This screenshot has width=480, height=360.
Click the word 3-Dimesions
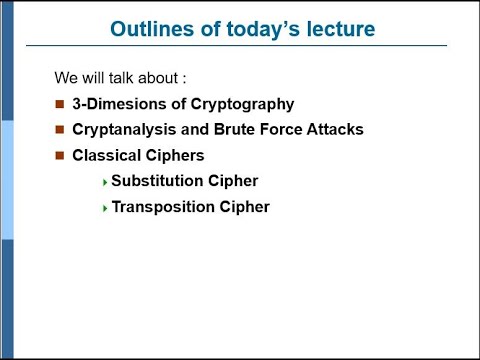pos(117,103)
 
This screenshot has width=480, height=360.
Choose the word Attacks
pos(337,129)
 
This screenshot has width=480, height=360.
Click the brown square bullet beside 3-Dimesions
pos(59,103)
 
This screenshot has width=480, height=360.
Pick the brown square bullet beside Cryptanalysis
pos(59,129)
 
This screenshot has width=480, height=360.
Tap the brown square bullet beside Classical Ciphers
pos(59,155)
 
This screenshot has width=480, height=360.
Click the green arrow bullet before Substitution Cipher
pos(105,182)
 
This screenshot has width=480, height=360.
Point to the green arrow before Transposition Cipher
pos(105,208)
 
